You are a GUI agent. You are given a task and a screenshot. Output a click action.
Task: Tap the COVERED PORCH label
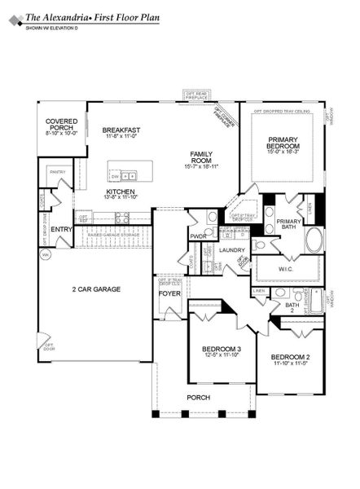tap(60, 126)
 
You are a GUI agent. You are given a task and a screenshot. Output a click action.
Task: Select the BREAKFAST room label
tap(121, 130)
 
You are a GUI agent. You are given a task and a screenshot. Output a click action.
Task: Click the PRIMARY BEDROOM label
tap(284, 145)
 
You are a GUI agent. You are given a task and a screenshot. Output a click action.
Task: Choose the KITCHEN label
tap(121, 192)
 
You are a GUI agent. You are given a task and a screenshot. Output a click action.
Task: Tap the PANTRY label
tap(57, 172)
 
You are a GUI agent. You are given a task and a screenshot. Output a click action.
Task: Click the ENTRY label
tap(61, 229)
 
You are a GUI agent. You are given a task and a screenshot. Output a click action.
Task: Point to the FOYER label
tap(169, 293)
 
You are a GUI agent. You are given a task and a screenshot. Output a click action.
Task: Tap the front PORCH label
tap(198, 397)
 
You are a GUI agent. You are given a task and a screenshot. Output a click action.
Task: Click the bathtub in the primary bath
tap(314, 241)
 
